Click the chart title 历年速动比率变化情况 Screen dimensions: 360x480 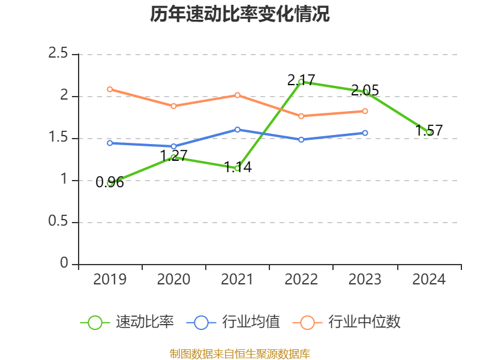[x=240, y=15]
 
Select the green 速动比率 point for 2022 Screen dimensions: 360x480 [x=301, y=82]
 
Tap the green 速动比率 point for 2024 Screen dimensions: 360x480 [x=429, y=132]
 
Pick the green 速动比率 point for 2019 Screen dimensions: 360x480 [x=110, y=183]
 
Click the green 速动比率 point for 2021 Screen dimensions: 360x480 [x=238, y=168]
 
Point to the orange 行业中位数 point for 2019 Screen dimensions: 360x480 [x=110, y=89]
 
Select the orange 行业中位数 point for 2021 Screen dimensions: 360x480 [x=238, y=95]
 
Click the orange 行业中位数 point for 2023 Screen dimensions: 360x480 [x=365, y=111]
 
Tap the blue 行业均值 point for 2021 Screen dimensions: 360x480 [x=238, y=130]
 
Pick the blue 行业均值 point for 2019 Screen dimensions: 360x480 [x=110, y=143]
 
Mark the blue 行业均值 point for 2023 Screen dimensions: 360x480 [x=365, y=133]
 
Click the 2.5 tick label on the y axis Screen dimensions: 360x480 [x=59, y=54]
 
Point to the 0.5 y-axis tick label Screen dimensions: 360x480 [x=59, y=222]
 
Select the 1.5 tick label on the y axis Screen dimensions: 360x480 [x=59, y=138]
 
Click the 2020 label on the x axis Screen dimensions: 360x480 [x=173, y=280]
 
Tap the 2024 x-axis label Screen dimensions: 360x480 [x=429, y=280]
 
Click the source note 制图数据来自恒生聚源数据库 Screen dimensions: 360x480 [x=240, y=353]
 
